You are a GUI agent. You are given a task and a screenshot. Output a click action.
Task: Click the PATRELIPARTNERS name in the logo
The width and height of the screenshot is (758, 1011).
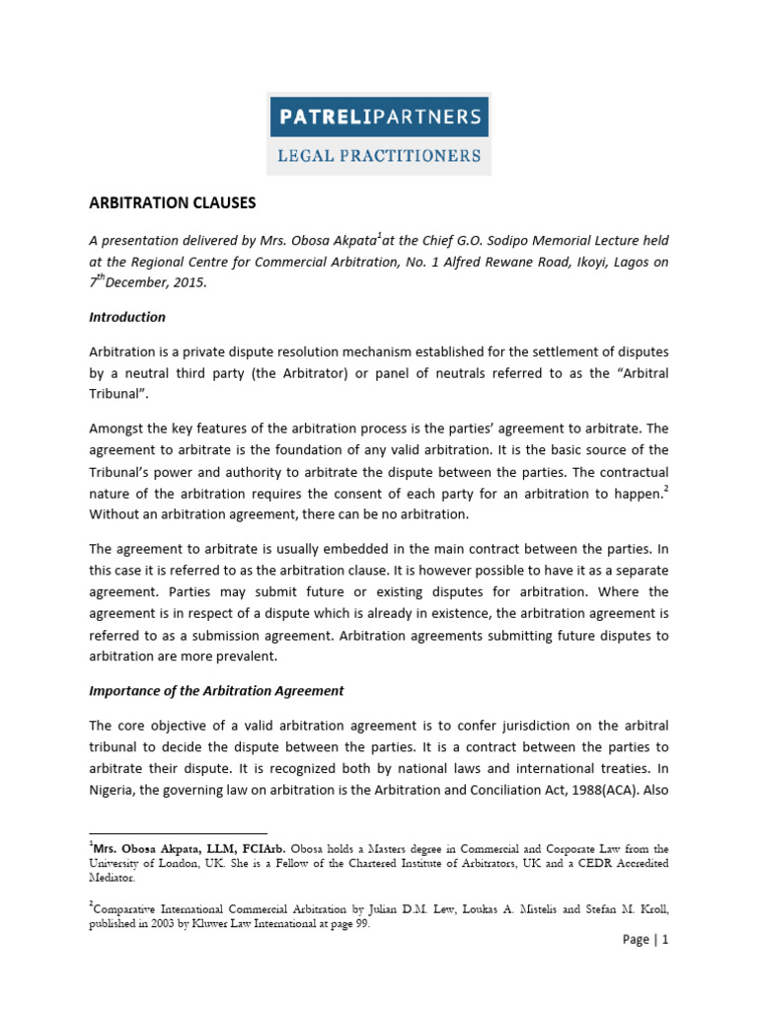click(x=380, y=117)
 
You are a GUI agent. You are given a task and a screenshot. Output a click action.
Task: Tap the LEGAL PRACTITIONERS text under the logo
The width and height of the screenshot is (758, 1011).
click(x=380, y=156)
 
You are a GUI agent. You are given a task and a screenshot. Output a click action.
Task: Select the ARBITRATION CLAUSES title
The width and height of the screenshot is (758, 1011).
click(x=173, y=202)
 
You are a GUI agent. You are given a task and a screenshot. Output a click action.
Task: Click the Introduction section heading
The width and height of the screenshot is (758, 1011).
click(x=127, y=317)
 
